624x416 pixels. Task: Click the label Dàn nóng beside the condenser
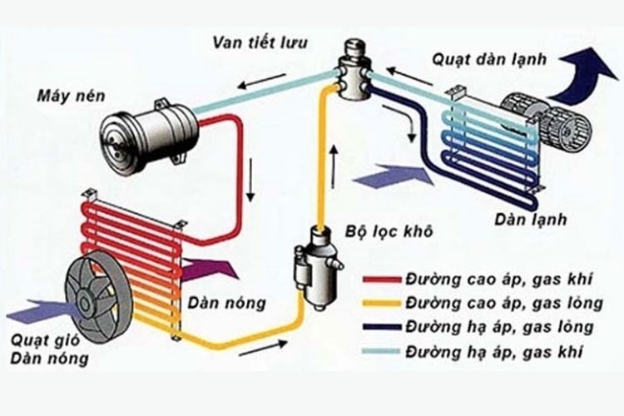(x=227, y=304)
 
